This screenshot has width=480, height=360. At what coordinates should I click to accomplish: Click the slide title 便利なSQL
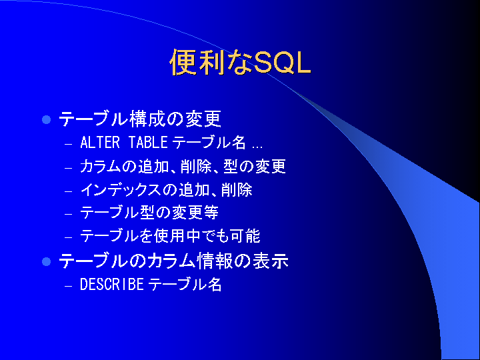[240, 62]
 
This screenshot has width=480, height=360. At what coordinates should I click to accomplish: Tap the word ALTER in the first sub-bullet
[100, 143]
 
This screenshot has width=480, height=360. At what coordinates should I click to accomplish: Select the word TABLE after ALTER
[148, 143]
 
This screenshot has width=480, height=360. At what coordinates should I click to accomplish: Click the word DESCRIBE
[112, 285]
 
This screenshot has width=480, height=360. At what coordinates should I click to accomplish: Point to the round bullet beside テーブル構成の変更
[46, 119]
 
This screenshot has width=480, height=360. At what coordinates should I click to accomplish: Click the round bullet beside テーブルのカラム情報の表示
[46, 262]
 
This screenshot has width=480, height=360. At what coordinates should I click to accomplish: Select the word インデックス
[121, 190]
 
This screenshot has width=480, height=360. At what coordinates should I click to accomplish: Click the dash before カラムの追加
[68, 168]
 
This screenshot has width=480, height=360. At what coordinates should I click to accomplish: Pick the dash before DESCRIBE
[68, 286]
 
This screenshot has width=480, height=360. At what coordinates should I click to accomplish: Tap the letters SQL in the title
[283, 63]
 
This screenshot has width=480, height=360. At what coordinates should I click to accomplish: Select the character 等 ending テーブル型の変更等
[211, 213]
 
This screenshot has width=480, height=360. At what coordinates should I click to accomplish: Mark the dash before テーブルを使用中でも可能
[68, 237]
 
